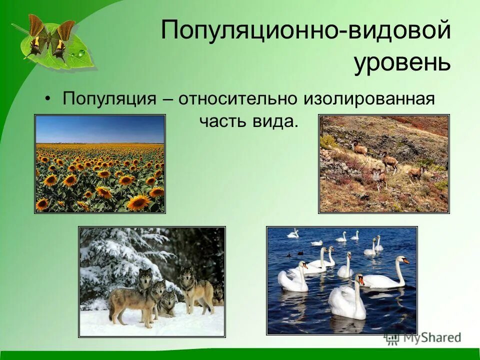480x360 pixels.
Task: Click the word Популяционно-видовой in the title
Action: [305, 31]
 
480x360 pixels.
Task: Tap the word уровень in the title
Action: [402, 62]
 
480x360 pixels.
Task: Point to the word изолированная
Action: [368, 98]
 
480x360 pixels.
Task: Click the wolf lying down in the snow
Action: [167, 302]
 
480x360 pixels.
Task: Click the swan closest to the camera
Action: [347, 300]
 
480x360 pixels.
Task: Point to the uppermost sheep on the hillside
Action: [359, 147]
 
